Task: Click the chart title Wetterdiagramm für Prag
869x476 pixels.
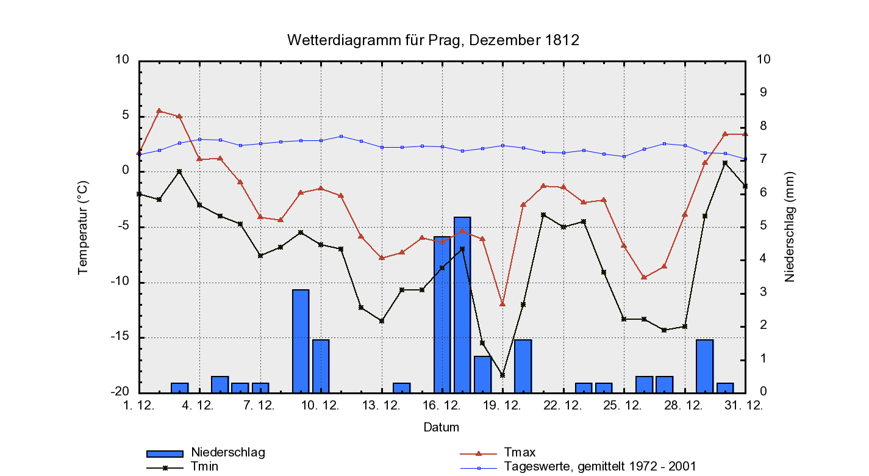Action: click(433, 41)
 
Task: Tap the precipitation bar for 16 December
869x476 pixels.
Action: click(442, 314)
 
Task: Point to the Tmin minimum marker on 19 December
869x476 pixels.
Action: click(502, 375)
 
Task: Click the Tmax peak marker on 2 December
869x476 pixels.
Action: click(159, 111)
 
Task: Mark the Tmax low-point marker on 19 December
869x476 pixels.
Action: click(502, 304)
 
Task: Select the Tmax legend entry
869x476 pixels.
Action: click(520, 453)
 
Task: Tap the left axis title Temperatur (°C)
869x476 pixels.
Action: click(83, 227)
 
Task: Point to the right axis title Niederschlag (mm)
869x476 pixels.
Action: click(790, 226)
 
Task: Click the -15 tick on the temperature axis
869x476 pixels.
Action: click(120, 337)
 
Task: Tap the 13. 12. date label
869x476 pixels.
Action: click(382, 406)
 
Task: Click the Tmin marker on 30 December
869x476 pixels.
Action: click(725, 163)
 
